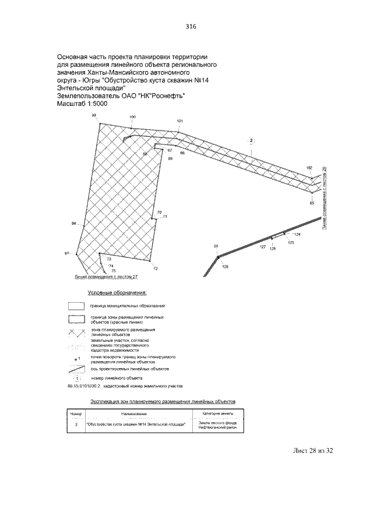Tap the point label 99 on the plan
point(94,116)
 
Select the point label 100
point(132,117)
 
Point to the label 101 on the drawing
point(180,121)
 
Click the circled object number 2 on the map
point(251,140)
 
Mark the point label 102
point(309,168)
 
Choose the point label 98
point(74,224)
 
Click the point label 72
point(155,268)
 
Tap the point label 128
point(226,266)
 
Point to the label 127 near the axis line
point(263,247)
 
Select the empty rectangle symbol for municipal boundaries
point(75,306)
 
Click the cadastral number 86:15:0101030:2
point(85,386)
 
